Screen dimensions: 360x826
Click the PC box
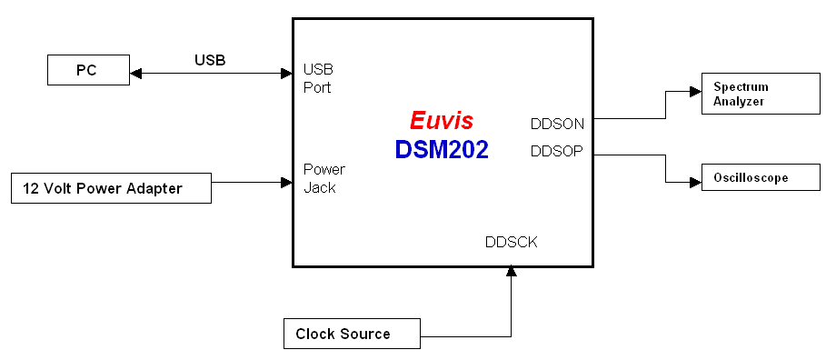pos(87,70)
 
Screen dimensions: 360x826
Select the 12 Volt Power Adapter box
pos(111,188)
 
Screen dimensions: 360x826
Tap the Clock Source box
pos(352,334)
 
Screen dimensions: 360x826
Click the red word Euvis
pos(442,121)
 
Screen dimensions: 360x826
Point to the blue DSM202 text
pos(442,150)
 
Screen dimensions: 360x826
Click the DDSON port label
pos(557,124)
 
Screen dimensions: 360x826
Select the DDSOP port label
pos(557,151)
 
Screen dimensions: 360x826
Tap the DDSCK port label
pos(511,243)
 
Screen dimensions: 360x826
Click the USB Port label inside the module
pos(318,78)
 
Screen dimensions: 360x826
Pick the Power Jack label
pos(324,178)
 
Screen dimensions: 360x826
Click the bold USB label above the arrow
pos(210,61)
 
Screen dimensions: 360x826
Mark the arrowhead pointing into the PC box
pos(135,73)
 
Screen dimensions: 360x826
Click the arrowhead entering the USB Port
pos(285,73)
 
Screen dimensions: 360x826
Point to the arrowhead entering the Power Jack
pos(285,183)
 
